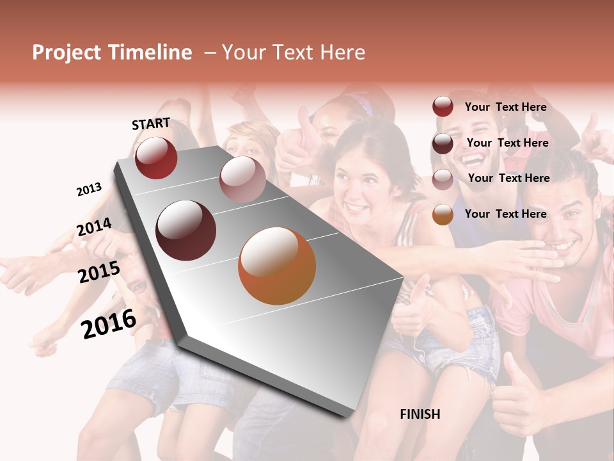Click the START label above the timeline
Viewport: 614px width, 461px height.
click(x=151, y=124)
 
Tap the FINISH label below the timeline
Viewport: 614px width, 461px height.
click(x=420, y=414)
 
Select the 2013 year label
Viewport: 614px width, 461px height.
click(x=90, y=189)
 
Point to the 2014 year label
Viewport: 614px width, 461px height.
click(x=94, y=227)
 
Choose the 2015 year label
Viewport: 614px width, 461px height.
click(x=99, y=272)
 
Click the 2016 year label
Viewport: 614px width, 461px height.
click(x=109, y=323)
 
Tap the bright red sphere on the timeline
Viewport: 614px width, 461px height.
click(x=156, y=158)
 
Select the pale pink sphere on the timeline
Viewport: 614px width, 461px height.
click(x=242, y=179)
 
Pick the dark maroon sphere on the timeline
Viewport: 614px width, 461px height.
click(x=186, y=230)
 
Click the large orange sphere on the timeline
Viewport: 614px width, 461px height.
click(x=277, y=266)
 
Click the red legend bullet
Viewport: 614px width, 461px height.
click(x=443, y=107)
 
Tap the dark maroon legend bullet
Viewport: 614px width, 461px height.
click(x=443, y=143)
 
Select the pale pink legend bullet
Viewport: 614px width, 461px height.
click(x=443, y=179)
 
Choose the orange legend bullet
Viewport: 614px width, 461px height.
click(x=443, y=214)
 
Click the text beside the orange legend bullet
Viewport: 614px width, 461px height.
click(x=505, y=214)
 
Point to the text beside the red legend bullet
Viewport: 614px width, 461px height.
click(x=505, y=107)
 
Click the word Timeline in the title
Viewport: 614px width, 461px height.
click(x=150, y=53)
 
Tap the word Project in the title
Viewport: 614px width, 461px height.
click(x=67, y=53)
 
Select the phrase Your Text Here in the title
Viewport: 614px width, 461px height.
click(x=293, y=53)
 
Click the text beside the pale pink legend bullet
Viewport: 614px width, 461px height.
click(x=508, y=178)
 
